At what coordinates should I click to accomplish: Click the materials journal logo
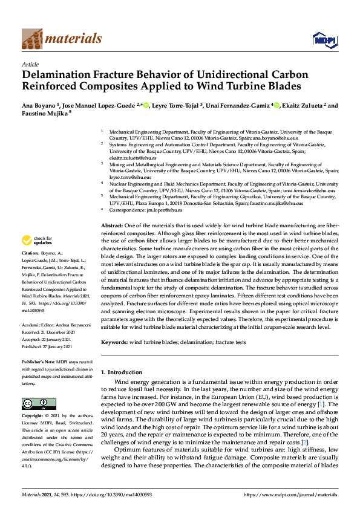click(x=62, y=39)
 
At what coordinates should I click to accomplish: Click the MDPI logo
click(x=323, y=40)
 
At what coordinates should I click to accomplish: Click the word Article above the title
click(x=30, y=64)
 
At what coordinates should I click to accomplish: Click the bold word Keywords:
click(x=117, y=342)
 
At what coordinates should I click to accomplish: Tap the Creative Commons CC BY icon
click(x=34, y=403)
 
